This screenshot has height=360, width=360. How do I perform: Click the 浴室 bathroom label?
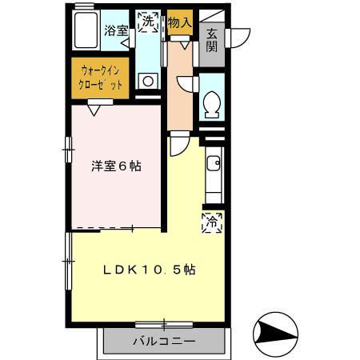(x=116, y=30)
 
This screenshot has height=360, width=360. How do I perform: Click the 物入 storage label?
(x=180, y=22)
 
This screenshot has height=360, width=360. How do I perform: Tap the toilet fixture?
(x=213, y=104)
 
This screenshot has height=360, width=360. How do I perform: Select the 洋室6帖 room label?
(x=116, y=167)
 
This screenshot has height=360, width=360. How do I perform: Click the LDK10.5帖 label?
(x=149, y=270)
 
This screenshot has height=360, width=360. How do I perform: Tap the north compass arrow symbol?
(x=274, y=330)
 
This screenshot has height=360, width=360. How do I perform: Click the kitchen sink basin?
(x=213, y=166)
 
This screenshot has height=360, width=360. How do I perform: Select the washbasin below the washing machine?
(x=146, y=80)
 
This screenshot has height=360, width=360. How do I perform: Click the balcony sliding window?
(x=164, y=324)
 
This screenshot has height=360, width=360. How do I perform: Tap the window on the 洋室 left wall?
(x=69, y=150)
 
